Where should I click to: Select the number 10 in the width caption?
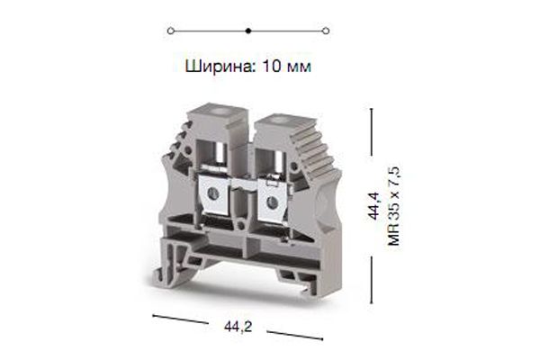[x=268, y=66]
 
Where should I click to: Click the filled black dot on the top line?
[x=248, y=30]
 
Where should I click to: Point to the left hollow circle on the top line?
[x=170, y=30]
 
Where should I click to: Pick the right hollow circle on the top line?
[x=326, y=30]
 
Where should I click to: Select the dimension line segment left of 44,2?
[x=184, y=320]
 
